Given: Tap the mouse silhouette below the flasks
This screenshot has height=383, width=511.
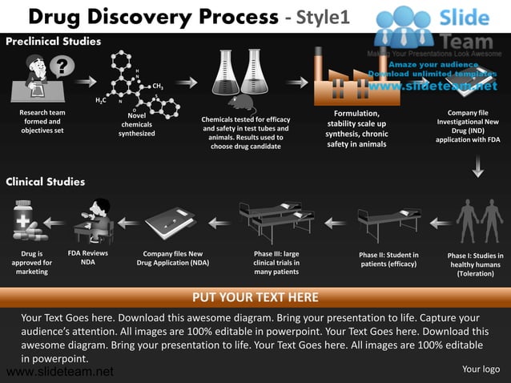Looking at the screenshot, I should click(x=239, y=101).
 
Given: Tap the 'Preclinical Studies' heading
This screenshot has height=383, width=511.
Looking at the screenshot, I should click(x=54, y=41).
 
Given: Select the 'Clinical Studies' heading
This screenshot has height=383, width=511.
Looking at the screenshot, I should click(x=46, y=182).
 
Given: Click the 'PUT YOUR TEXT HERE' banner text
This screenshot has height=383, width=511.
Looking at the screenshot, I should click(x=255, y=297).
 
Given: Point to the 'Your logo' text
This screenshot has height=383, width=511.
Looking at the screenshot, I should click(x=481, y=369).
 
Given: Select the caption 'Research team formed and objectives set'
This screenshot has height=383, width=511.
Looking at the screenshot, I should click(x=42, y=121).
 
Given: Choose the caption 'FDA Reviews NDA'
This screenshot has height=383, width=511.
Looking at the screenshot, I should click(x=88, y=257).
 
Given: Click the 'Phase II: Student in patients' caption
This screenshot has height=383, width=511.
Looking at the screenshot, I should click(x=388, y=259).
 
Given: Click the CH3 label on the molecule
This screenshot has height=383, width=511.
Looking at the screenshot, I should click(x=158, y=86).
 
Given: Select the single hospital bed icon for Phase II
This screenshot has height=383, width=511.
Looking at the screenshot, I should click(x=388, y=222).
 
